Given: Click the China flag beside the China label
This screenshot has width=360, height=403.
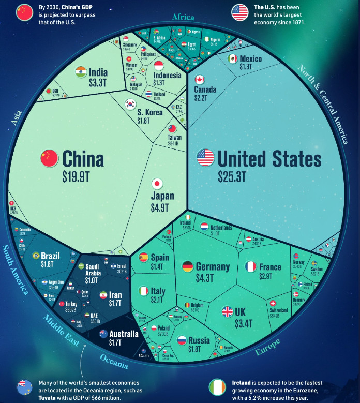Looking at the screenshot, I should [x=49, y=157].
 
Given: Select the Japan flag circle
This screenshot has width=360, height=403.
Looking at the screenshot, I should [x=158, y=184].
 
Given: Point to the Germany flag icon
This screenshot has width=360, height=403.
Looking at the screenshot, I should [x=188, y=267].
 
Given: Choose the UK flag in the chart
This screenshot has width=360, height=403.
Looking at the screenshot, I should [x=228, y=312].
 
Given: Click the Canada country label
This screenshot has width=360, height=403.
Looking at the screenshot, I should [x=205, y=89].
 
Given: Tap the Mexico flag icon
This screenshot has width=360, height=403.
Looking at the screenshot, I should [x=233, y=58].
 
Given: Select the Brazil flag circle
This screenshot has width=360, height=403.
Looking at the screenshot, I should [x=36, y=256].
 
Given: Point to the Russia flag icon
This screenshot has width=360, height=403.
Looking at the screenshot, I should [x=182, y=340].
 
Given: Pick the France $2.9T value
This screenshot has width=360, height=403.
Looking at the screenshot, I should [x=270, y=277].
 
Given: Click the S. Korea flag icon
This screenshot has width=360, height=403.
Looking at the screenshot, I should [x=130, y=105].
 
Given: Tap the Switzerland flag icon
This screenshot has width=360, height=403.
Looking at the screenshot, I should [x=273, y=303].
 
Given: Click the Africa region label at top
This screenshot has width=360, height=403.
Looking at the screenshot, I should [x=183, y=17].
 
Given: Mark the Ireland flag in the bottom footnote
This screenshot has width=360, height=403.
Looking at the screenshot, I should [x=217, y=387].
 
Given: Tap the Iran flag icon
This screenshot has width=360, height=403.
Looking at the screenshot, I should [x=102, y=294].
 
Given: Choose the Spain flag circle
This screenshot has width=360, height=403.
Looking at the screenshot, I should [x=143, y=257].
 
